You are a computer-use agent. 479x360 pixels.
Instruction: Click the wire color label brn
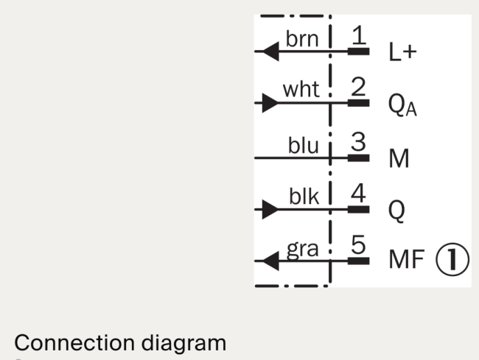pos(302,39)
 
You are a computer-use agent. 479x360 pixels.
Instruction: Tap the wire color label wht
pos(301,89)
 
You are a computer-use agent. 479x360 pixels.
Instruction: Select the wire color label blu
pos(304,144)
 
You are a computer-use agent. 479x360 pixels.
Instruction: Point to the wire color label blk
pos(304,196)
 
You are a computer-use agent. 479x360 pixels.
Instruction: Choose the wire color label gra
pos(302,250)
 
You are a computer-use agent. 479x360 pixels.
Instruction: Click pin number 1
pos(359,35)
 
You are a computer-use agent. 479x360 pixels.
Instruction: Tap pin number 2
pos(358,87)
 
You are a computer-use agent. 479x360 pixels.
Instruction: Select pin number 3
pos(358,141)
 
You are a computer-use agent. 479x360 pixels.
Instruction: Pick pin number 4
pos(358,193)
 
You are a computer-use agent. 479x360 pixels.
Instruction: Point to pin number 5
pos(358,244)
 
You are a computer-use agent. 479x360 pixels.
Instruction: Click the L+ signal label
pos(402,52)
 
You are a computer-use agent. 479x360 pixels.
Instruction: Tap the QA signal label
pos(402,105)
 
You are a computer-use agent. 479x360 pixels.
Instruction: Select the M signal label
pos(399,158)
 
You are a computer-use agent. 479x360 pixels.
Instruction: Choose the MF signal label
pos(407,259)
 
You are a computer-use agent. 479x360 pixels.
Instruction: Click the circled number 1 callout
pos(452,260)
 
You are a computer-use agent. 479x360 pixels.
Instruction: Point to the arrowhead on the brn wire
pos(270,52)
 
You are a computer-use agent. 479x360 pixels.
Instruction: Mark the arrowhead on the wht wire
pos(270,103)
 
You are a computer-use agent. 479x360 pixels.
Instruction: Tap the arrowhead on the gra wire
pos(270,261)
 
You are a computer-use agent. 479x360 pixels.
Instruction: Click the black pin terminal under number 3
pos(359,158)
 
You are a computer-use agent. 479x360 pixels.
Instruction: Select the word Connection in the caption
pos(74,343)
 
